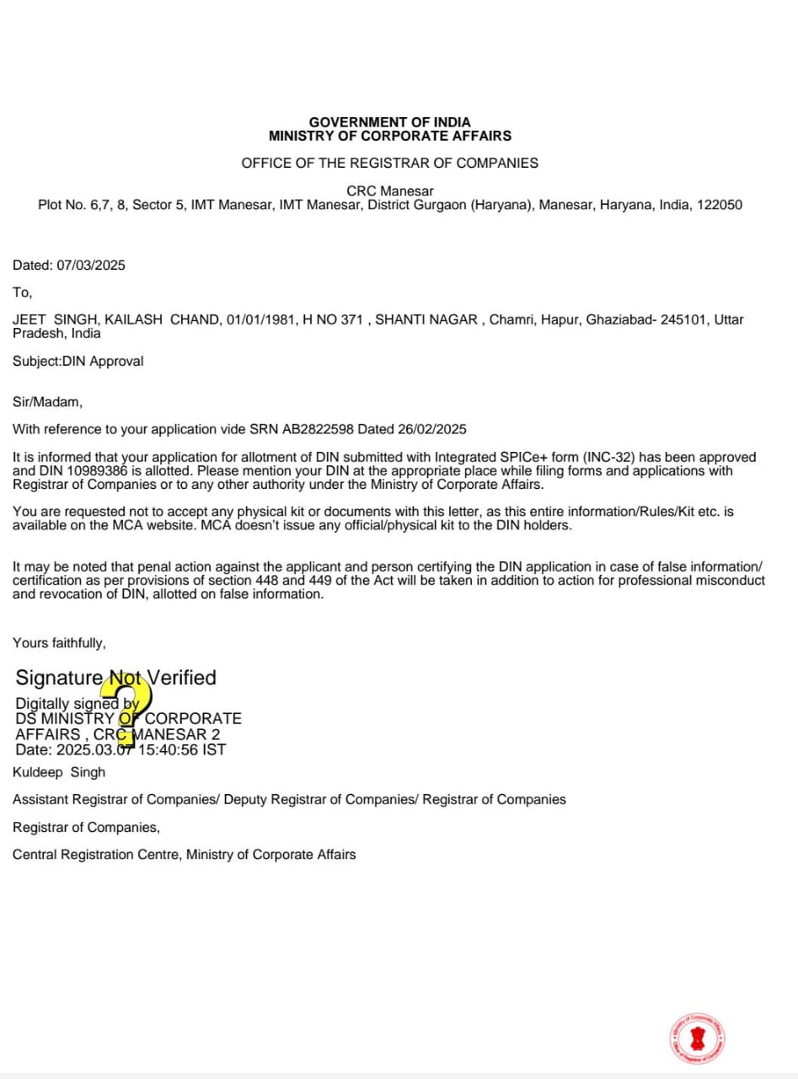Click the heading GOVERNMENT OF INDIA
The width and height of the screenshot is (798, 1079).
389,122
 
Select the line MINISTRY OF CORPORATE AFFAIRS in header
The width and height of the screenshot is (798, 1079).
389,136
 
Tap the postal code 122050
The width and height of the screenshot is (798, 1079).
719,205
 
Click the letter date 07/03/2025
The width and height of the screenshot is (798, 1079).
91,266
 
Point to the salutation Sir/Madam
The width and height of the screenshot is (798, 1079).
47,402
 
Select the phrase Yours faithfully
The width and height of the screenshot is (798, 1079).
59,643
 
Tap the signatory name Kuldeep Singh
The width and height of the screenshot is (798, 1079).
59,772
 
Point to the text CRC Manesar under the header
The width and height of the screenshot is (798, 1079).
389,191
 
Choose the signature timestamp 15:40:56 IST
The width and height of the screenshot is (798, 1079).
182,749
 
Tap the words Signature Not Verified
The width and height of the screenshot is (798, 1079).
115,678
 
